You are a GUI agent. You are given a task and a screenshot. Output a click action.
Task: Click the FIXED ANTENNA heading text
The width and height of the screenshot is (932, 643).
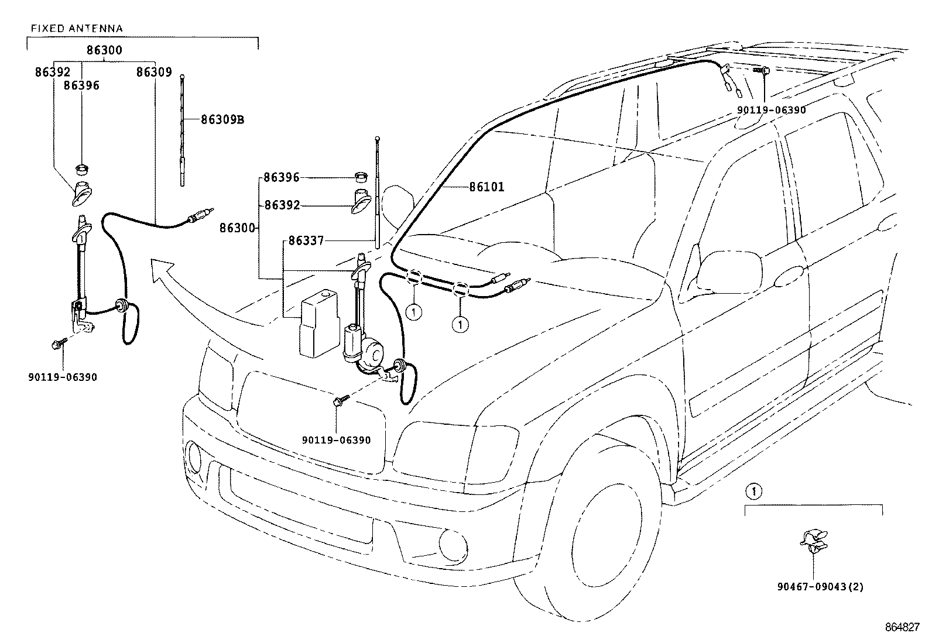(x=77, y=29)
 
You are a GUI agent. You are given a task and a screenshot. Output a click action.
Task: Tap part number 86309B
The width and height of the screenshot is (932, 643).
(x=222, y=120)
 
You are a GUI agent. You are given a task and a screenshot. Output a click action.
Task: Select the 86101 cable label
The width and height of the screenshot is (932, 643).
(x=487, y=187)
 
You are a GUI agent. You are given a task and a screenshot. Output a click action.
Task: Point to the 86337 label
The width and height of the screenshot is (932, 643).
(x=306, y=241)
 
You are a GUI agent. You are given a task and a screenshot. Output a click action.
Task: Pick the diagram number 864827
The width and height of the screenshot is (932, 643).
(x=902, y=627)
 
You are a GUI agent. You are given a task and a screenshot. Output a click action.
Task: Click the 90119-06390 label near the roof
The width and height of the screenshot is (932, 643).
(x=772, y=110)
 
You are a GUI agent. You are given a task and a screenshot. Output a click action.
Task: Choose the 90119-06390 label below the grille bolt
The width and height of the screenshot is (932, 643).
(x=336, y=440)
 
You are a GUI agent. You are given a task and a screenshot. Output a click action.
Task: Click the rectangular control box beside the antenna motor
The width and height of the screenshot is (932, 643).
(x=318, y=324)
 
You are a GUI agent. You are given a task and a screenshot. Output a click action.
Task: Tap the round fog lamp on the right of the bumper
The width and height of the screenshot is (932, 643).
(x=453, y=545)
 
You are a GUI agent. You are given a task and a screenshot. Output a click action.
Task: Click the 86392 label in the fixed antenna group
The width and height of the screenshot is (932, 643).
(x=53, y=73)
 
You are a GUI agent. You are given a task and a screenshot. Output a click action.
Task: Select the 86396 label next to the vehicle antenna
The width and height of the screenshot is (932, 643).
(x=282, y=178)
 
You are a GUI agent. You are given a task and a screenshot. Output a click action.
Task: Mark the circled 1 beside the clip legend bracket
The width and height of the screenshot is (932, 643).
(x=754, y=492)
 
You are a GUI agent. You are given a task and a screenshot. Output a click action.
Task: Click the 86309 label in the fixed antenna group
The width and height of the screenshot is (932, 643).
(x=154, y=73)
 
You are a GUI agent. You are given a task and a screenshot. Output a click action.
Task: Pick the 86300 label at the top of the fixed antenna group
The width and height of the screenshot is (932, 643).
(x=104, y=50)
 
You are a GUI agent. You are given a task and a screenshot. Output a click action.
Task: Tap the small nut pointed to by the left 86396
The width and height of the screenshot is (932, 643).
(x=81, y=170)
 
